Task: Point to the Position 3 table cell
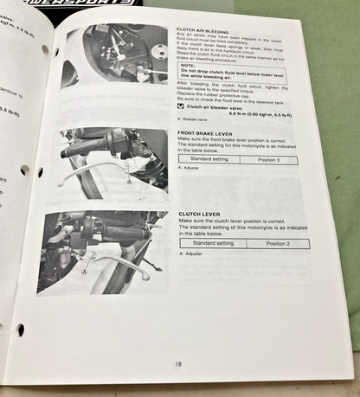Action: coord(272,160)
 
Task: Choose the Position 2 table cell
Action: coord(277,244)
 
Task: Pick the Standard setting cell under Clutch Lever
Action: coord(213,244)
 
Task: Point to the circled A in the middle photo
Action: coord(128,183)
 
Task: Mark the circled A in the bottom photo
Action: coord(85,270)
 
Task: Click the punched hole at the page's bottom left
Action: coord(20,329)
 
